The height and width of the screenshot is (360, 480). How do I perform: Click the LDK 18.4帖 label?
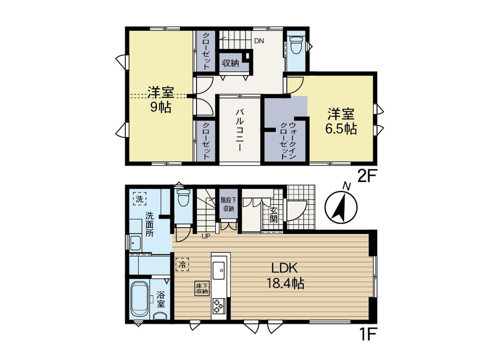pyautogui.click(x=285, y=276)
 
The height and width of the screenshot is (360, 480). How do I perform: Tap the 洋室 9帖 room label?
pyautogui.click(x=161, y=100)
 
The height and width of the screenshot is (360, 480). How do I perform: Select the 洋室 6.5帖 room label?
pyautogui.click(x=341, y=121)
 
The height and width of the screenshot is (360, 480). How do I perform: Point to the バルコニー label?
pyautogui.click(x=239, y=130)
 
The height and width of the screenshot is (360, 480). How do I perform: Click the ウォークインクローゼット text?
pyautogui.click(x=288, y=140)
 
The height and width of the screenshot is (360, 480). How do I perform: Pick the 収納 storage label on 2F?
pyautogui.click(x=230, y=63)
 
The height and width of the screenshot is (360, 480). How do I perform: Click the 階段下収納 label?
pyautogui.click(x=228, y=204)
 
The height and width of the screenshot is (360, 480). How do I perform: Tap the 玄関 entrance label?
pyautogui.click(x=273, y=215)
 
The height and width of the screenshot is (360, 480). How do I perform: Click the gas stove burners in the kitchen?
pyautogui.click(x=218, y=306)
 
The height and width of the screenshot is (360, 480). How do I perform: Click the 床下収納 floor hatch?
pyautogui.click(x=202, y=288)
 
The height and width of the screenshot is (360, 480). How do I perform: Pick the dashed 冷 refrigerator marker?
pyautogui.click(x=182, y=264)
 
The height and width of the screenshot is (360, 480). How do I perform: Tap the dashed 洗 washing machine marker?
pyautogui.click(x=140, y=199)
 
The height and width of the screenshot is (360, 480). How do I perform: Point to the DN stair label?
pyautogui.click(x=259, y=41)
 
